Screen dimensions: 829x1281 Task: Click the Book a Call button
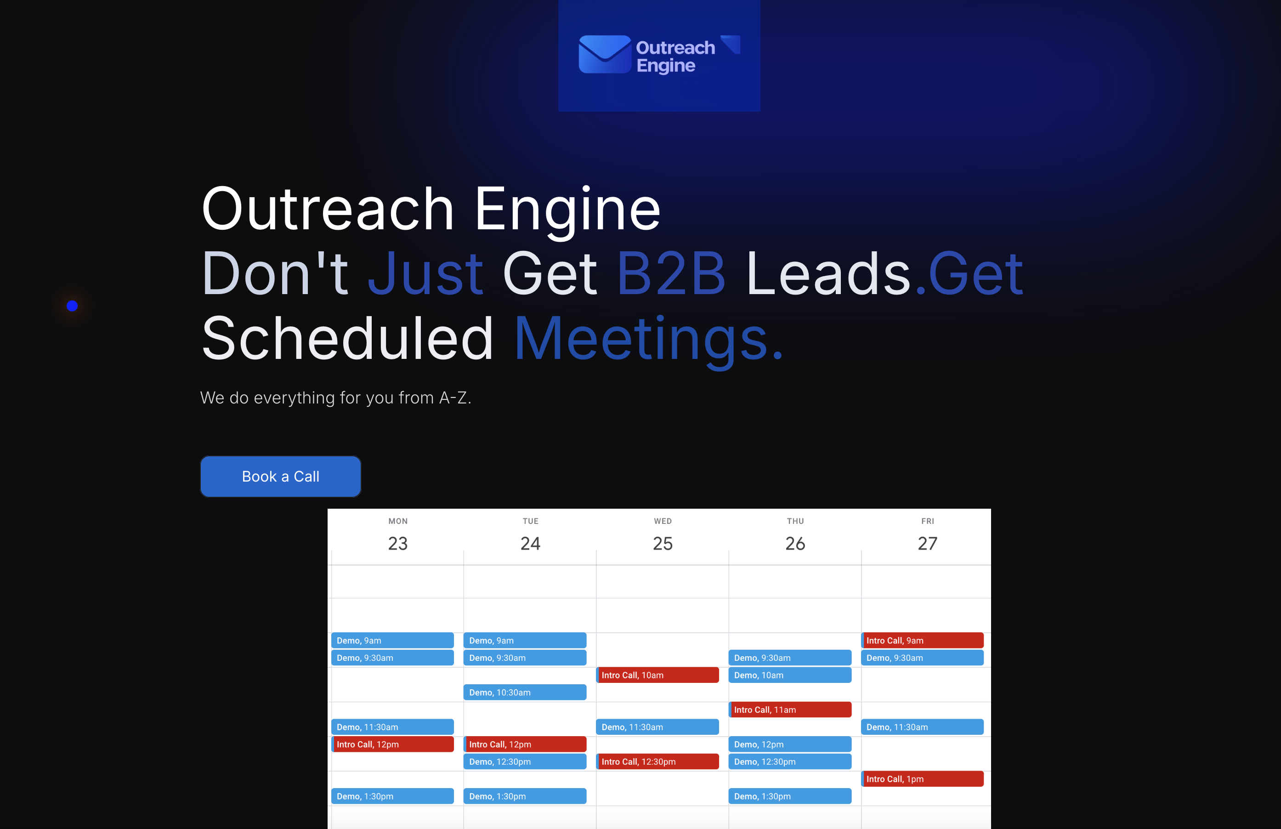click(x=280, y=477)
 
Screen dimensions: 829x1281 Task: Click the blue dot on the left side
click(x=72, y=306)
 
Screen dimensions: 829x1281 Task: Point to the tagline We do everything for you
click(x=335, y=398)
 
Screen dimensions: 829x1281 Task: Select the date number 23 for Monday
click(x=398, y=543)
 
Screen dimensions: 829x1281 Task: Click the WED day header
click(x=663, y=521)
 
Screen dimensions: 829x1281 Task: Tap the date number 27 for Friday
click(x=927, y=543)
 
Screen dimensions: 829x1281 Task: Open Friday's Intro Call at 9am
click(x=923, y=640)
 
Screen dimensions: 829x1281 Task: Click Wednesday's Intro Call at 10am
click(x=658, y=675)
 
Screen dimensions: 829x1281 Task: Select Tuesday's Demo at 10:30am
click(x=525, y=692)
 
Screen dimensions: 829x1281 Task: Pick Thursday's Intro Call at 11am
click(x=790, y=710)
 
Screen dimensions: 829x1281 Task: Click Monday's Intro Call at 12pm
click(x=392, y=744)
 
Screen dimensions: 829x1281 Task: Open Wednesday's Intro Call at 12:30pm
click(x=658, y=761)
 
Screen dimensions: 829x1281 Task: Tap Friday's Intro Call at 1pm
click(x=923, y=778)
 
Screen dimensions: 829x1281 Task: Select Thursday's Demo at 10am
click(x=790, y=675)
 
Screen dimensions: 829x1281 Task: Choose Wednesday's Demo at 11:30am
click(x=658, y=727)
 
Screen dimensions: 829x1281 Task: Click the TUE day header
click(x=530, y=521)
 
